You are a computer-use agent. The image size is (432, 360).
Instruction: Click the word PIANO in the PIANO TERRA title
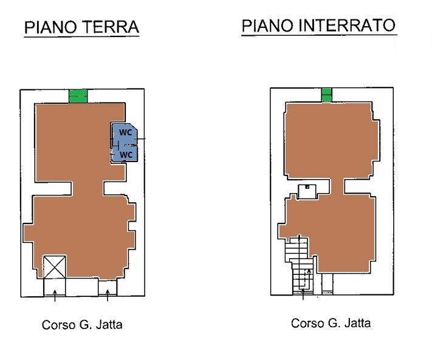click(50, 27)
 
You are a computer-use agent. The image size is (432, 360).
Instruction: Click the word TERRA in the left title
click(110, 27)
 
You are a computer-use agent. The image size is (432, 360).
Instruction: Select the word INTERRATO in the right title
click(347, 25)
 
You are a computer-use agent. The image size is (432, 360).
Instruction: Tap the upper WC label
click(125, 132)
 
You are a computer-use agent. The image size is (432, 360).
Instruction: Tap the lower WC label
click(126, 155)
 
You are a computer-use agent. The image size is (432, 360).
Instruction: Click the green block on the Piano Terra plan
click(78, 96)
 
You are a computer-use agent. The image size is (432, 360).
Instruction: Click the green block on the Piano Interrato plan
click(326, 95)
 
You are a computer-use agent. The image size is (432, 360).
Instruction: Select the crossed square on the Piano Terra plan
click(55, 267)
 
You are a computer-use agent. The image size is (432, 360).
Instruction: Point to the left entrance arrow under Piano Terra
click(55, 296)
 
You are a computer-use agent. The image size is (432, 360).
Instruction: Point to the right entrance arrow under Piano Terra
click(108, 295)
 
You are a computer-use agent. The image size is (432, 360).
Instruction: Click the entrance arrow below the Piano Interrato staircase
click(303, 294)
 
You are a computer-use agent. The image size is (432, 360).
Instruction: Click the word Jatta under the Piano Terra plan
click(109, 325)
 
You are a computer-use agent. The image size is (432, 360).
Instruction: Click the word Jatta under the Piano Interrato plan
click(357, 323)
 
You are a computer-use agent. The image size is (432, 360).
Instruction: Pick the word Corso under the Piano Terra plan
click(59, 325)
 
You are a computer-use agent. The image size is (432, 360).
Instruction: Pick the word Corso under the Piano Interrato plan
click(308, 323)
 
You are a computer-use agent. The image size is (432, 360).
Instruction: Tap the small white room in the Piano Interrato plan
click(307, 192)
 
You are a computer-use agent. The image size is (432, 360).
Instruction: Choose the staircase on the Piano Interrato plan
click(300, 265)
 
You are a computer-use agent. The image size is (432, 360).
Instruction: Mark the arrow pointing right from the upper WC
click(140, 138)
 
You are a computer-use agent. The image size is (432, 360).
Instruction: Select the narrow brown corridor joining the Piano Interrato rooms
click(337, 186)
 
